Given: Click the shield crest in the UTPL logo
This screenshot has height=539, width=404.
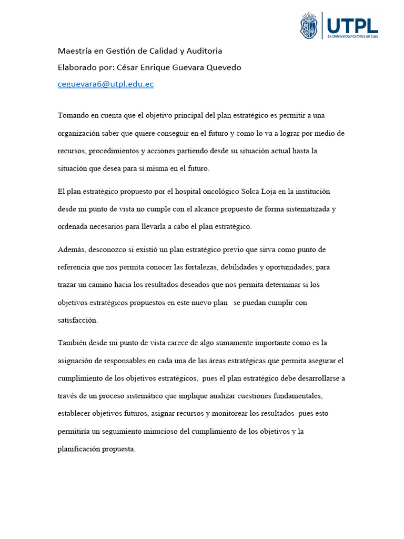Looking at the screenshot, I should coord(309,26).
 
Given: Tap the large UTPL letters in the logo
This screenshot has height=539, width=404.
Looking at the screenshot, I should coord(352,25).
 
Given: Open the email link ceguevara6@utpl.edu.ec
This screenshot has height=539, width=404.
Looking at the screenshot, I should coord(106,84).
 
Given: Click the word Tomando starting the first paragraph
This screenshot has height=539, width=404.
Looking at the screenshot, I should coord(74,115).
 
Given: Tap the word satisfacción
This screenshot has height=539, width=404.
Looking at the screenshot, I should coord(78,320).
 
